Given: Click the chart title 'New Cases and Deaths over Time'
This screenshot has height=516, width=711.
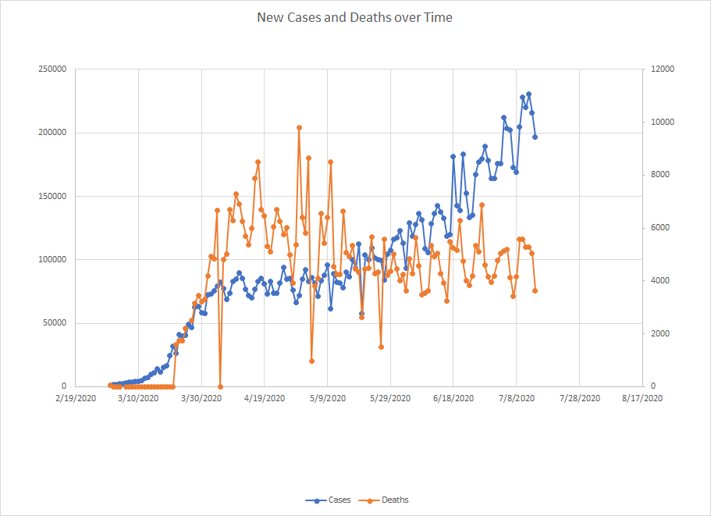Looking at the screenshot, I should tap(354, 17).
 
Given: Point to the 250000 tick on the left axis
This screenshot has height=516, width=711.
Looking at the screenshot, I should tap(52, 69).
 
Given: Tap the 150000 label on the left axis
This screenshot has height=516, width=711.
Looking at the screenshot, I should tap(52, 196).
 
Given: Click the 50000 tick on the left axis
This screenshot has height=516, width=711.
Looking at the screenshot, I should tap(54, 322).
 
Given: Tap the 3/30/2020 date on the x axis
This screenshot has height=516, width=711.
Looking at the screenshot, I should tap(201, 398).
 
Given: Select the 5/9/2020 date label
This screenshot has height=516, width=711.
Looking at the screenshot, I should tap(327, 398).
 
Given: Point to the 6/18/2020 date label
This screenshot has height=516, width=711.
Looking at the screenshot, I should tap(453, 398).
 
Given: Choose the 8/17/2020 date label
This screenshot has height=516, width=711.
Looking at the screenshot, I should tap(642, 398).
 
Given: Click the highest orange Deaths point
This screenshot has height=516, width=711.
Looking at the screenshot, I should tap(299, 127).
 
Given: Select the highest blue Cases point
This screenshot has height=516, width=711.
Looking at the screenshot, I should tap(528, 94).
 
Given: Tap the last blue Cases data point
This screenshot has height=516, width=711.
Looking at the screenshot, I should tap(535, 137).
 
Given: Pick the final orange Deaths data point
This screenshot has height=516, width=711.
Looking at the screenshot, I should tap(535, 290).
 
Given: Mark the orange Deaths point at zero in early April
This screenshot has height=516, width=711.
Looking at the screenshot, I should tap(220, 386).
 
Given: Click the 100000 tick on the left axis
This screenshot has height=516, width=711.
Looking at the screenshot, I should tap(52, 259).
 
